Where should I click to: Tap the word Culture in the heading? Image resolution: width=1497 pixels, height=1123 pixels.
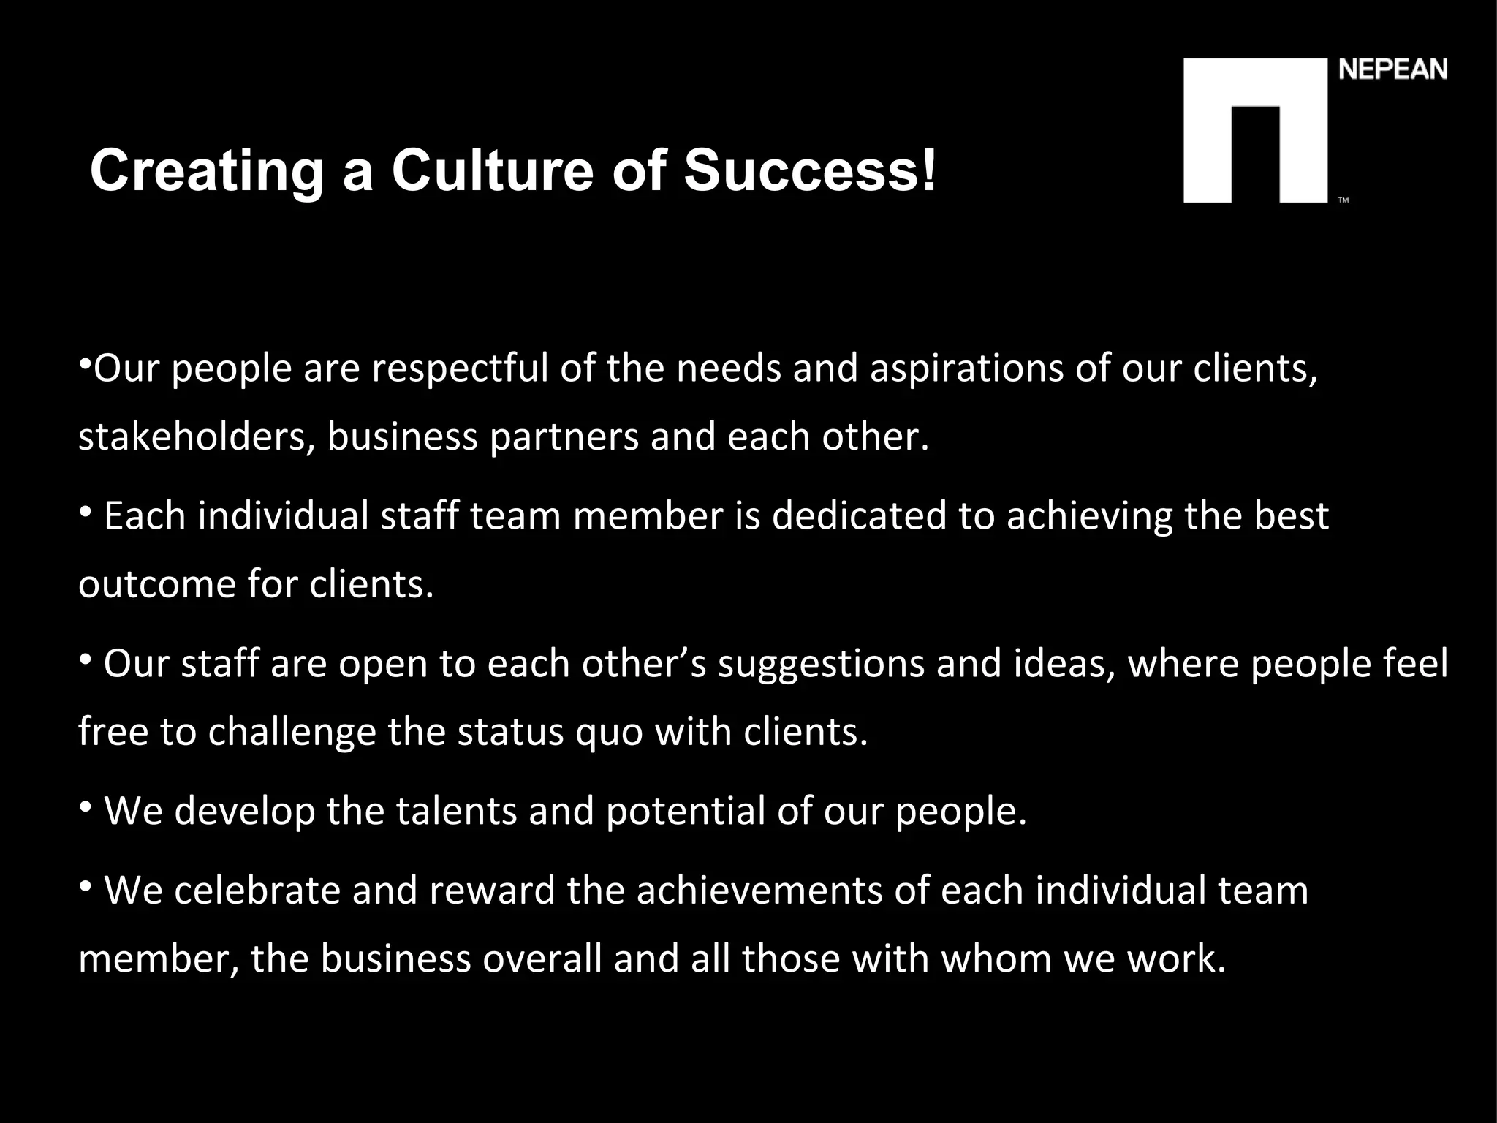coord(493,170)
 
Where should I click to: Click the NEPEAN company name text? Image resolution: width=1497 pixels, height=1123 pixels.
coord(1393,70)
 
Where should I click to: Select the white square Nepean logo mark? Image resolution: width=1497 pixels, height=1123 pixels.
coord(1255,130)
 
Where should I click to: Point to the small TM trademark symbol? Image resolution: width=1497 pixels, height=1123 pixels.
coord(1343,200)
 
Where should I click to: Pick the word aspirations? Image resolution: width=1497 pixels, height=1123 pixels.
coord(966,368)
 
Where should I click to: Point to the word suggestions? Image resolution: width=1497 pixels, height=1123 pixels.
coord(821,663)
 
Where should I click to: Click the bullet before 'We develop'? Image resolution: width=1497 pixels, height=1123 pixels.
coord(86,806)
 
